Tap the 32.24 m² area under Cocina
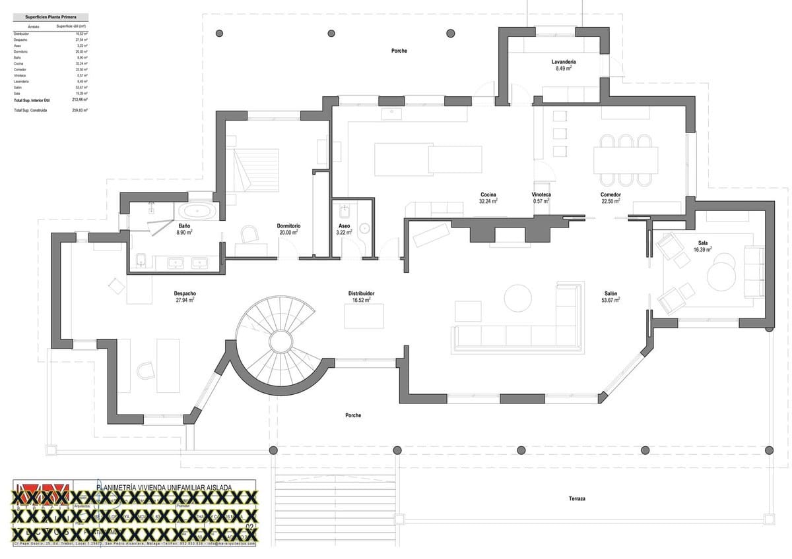pyautogui.click(x=488, y=201)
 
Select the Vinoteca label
pyautogui.click(x=541, y=195)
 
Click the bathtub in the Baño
pyautogui.click(x=197, y=212)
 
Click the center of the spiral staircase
pyautogui.click(x=280, y=343)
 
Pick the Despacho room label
pyautogui.click(x=185, y=293)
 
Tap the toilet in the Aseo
pyautogui.click(x=344, y=212)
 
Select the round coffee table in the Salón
pyautogui.click(x=517, y=297)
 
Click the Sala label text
pyautogui.click(x=702, y=243)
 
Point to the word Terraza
pyautogui.click(x=577, y=499)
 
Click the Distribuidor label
pyautogui.click(x=362, y=293)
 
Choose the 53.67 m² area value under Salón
pyautogui.click(x=610, y=300)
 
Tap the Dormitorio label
pyautogui.click(x=288, y=226)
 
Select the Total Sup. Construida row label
pyautogui.click(x=30, y=111)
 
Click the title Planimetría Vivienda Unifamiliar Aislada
pyautogui.click(x=164, y=487)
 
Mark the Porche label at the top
pyautogui.click(x=399, y=51)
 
